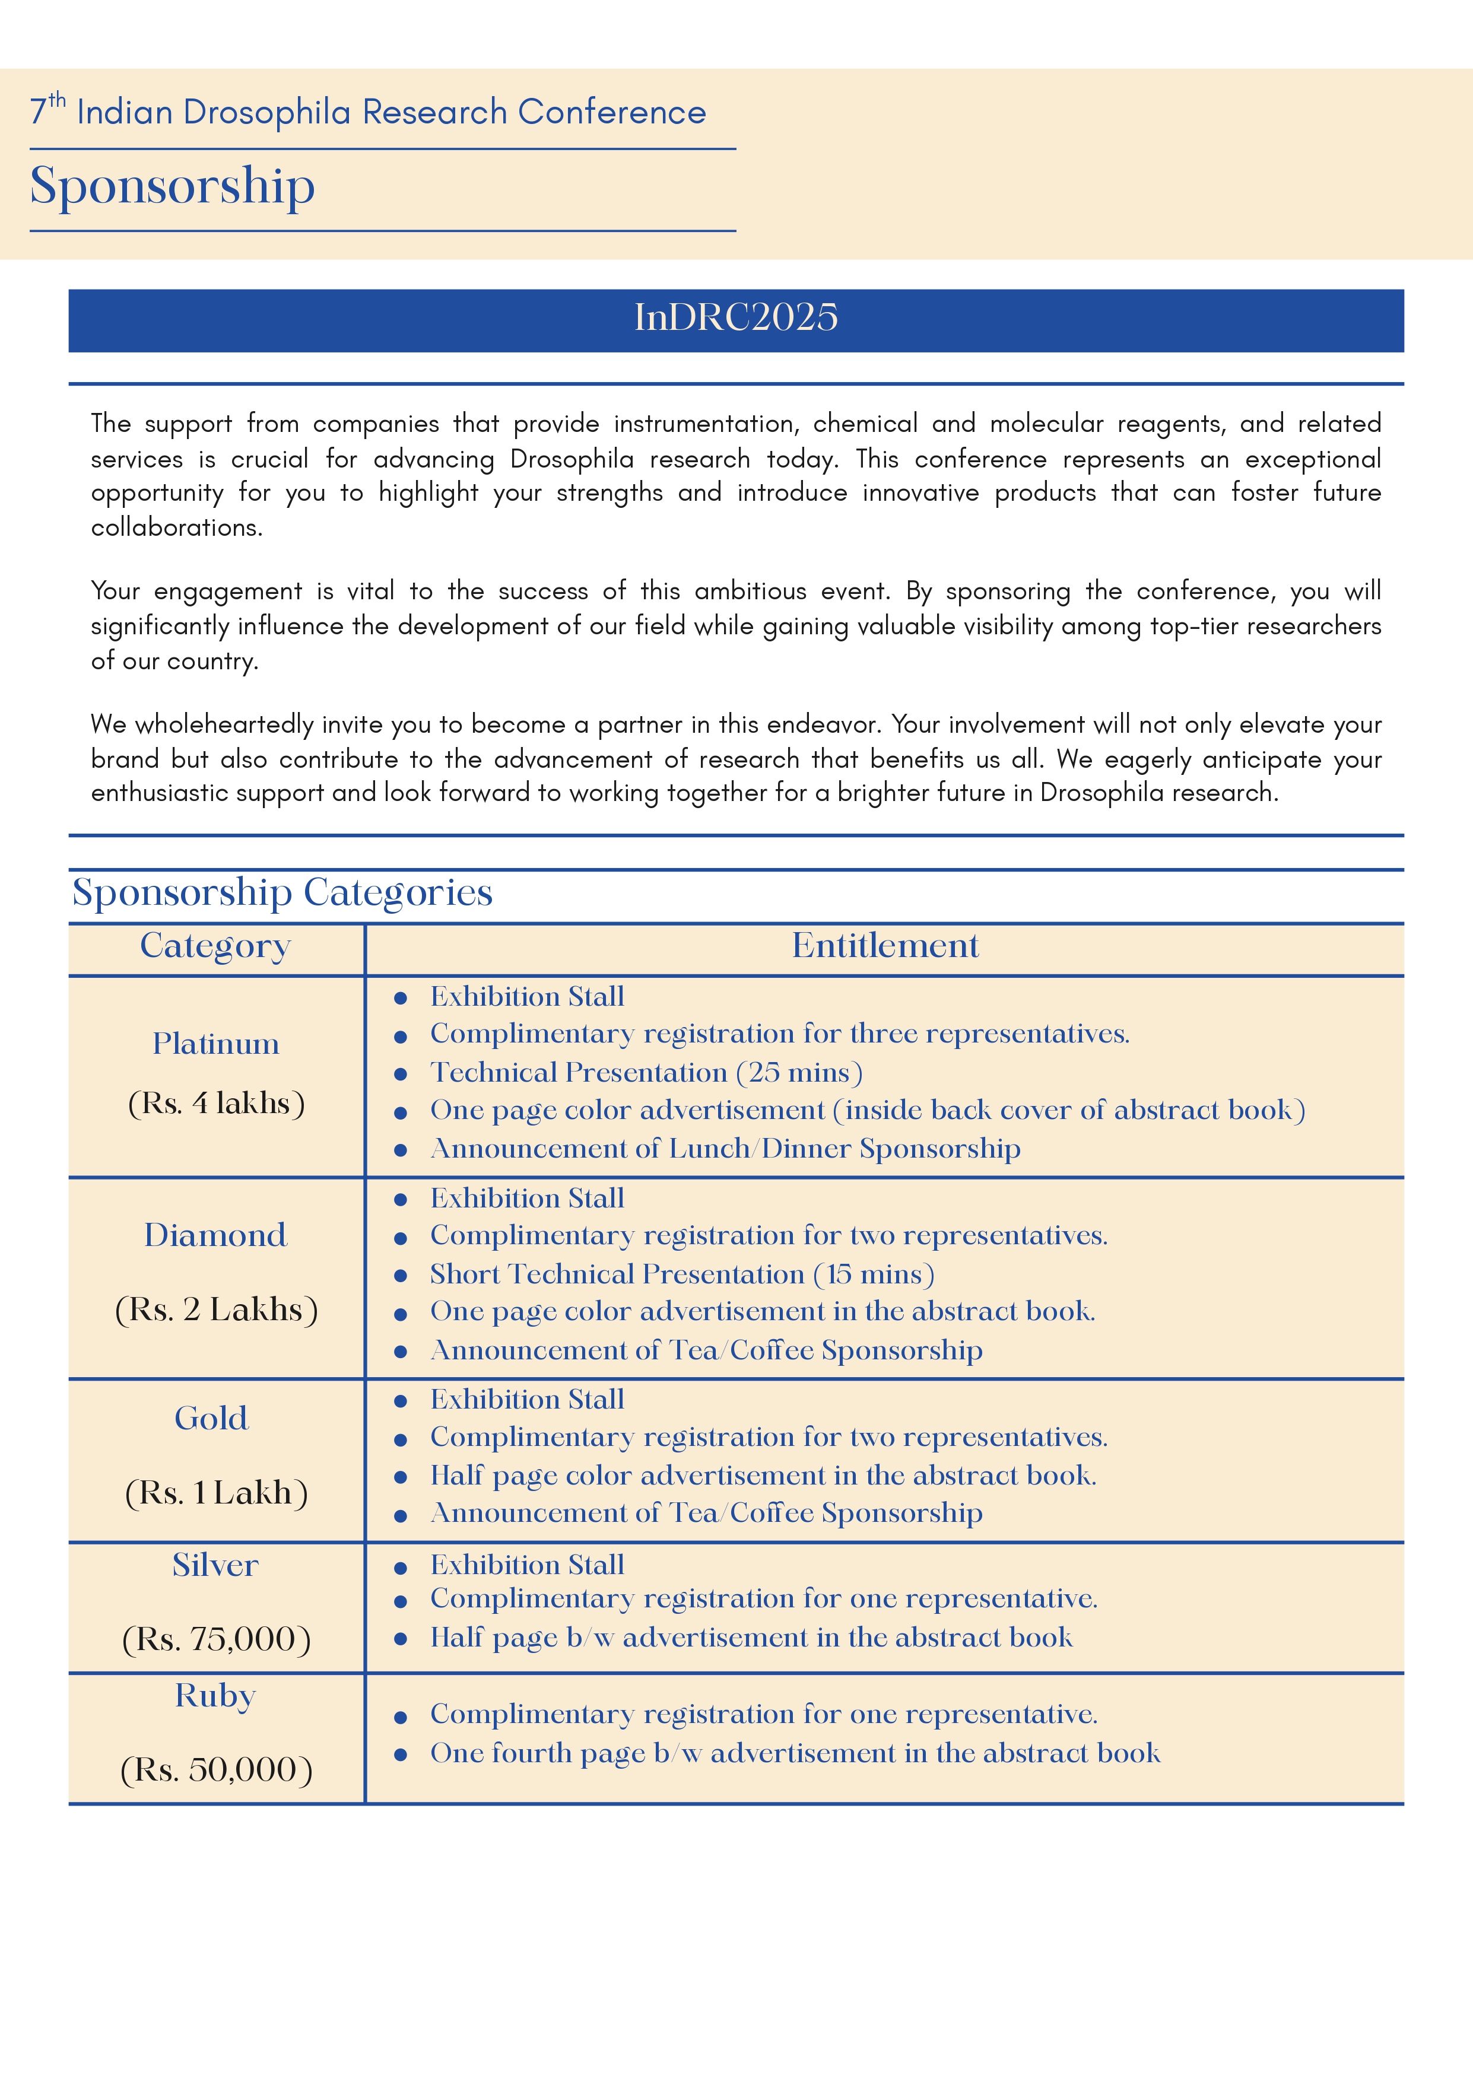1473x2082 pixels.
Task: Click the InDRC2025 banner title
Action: click(735, 317)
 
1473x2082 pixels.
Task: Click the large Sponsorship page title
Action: click(172, 187)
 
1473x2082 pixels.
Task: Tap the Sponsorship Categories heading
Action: click(282, 892)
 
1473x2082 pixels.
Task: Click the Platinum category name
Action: click(216, 1044)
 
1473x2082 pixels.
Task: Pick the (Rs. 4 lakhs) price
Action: click(216, 1104)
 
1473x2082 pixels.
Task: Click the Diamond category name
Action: click(216, 1235)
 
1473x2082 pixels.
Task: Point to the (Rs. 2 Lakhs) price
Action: click(216, 1309)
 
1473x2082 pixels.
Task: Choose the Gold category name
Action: click(211, 1418)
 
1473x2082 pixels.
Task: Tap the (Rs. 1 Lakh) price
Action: click(216, 1493)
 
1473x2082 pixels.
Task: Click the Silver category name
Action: click(216, 1565)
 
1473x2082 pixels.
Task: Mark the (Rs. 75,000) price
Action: click(216, 1639)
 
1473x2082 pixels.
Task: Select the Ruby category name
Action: click(216, 1696)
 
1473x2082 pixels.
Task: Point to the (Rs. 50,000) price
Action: click(216, 1770)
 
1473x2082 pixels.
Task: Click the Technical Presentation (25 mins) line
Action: click(646, 1073)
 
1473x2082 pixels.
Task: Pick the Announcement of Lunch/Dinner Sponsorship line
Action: click(725, 1149)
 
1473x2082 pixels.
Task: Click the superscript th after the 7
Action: click(57, 99)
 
